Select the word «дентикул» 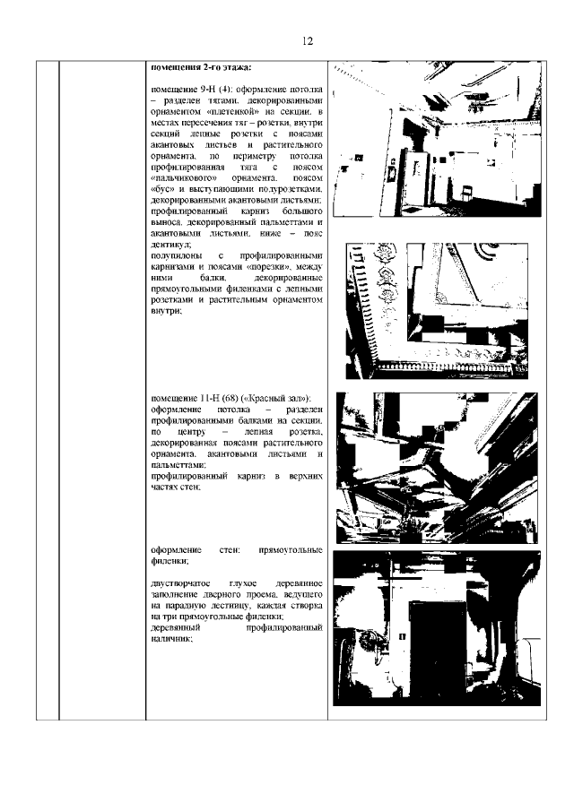[x=170, y=244]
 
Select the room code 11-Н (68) [x=216, y=397]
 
